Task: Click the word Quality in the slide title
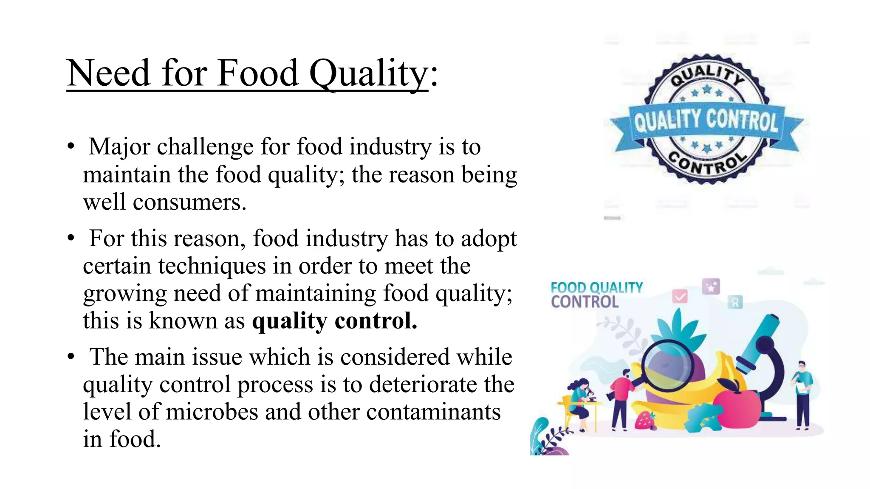pyautogui.click(x=368, y=74)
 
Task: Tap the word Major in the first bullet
pyautogui.click(x=119, y=147)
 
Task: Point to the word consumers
pyautogui.click(x=189, y=202)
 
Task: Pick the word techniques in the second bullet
pyautogui.click(x=212, y=266)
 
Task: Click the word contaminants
pyautogui.click(x=433, y=412)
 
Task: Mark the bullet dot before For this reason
pyautogui.click(x=71, y=238)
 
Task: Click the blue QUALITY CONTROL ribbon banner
pyautogui.click(x=706, y=121)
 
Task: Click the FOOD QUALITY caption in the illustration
pyautogui.click(x=596, y=287)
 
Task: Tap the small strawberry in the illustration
pyautogui.click(x=645, y=420)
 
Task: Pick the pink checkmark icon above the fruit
pyautogui.click(x=680, y=296)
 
